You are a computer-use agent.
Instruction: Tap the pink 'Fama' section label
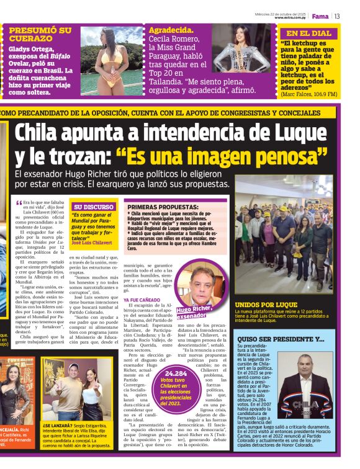pyautogui.click(x=320, y=16)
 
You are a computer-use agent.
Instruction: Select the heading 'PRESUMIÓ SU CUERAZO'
pyautogui.click(x=40, y=34)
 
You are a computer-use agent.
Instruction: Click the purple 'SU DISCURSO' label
pyautogui.click(x=94, y=207)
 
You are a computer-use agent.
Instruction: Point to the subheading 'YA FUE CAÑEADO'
pyautogui.click(x=143, y=300)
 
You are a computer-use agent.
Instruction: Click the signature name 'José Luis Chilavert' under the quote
pyautogui.click(x=94, y=243)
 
